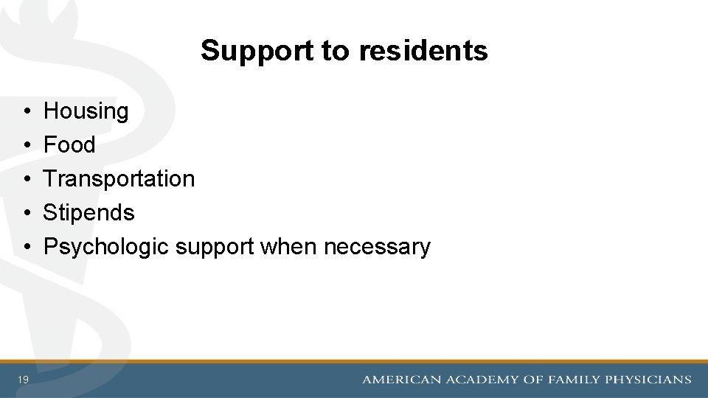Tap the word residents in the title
point(423,51)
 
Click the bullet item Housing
point(86,111)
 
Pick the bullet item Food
point(69,145)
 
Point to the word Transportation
point(119,179)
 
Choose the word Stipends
point(88,213)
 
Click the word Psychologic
point(106,247)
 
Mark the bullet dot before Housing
point(26,112)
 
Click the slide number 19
point(24,380)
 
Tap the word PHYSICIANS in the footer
point(648,380)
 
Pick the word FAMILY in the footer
point(574,380)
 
